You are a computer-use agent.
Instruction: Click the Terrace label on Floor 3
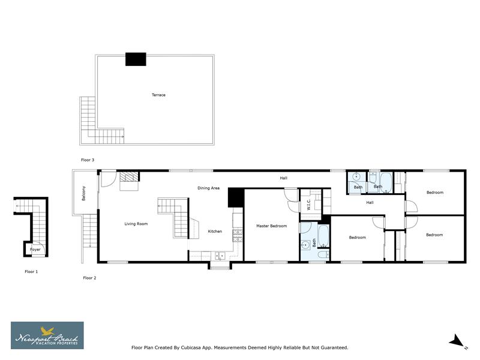point(158,95)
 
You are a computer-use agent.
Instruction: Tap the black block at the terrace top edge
point(136,59)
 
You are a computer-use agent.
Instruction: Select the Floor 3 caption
point(88,160)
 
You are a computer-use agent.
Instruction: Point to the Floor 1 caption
point(31,272)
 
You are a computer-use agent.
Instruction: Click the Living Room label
point(136,224)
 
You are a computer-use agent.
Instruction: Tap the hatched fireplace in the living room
point(128,178)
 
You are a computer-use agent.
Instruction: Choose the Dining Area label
point(208,188)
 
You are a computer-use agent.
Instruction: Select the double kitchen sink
point(220,256)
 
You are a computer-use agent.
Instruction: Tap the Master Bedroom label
point(271,226)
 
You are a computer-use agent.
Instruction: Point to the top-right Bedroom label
point(435,193)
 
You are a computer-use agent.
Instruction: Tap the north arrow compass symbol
point(457,341)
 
